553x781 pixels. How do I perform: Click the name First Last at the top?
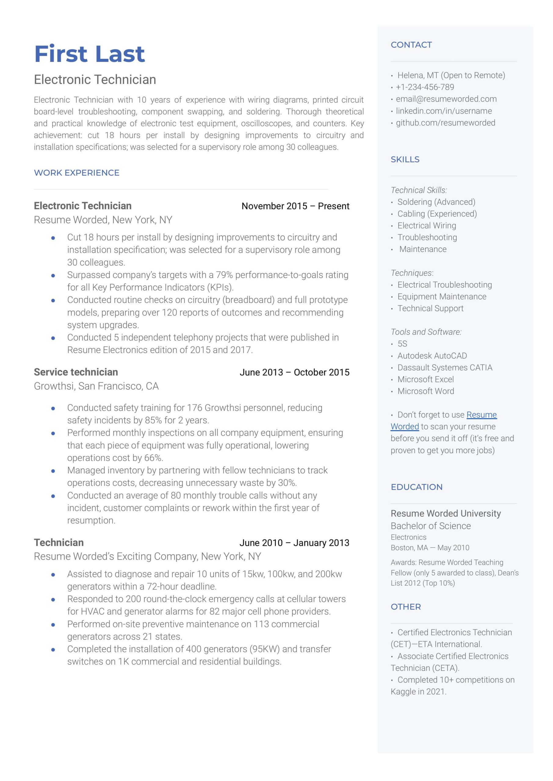(x=89, y=54)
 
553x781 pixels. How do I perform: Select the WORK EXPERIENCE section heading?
(x=77, y=173)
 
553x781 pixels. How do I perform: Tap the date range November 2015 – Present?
(x=295, y=206)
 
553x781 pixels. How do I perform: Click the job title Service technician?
(x=76, y=372)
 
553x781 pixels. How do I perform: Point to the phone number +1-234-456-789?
(x=425, y=87)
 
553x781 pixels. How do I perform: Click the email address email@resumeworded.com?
(x=446, y=99)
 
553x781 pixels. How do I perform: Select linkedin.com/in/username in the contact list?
(x=444, y=111)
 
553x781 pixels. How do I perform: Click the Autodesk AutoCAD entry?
(x=432, y=356)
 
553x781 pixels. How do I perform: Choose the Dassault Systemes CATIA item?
(x=445, y=368)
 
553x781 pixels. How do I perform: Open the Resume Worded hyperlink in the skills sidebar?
(x=481, y=415)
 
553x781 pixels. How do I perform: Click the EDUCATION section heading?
(x=417, y=487)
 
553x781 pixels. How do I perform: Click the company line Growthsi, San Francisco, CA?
(x=96, y=386)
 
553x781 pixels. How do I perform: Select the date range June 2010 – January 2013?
(x=294, y=542)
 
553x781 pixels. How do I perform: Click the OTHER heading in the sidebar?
(x=406, y=607)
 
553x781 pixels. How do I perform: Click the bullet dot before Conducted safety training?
(x=53, y=408)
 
